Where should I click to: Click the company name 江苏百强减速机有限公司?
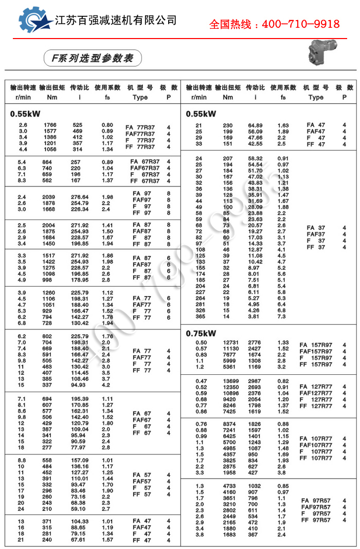coord(116,20)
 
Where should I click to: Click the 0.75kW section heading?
coord(201,333)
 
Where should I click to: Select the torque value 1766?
coord(50,125)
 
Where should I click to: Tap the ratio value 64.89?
coord(255,125)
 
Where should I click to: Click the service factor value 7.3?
coord(282,317)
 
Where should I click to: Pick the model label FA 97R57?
coord(320,500)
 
